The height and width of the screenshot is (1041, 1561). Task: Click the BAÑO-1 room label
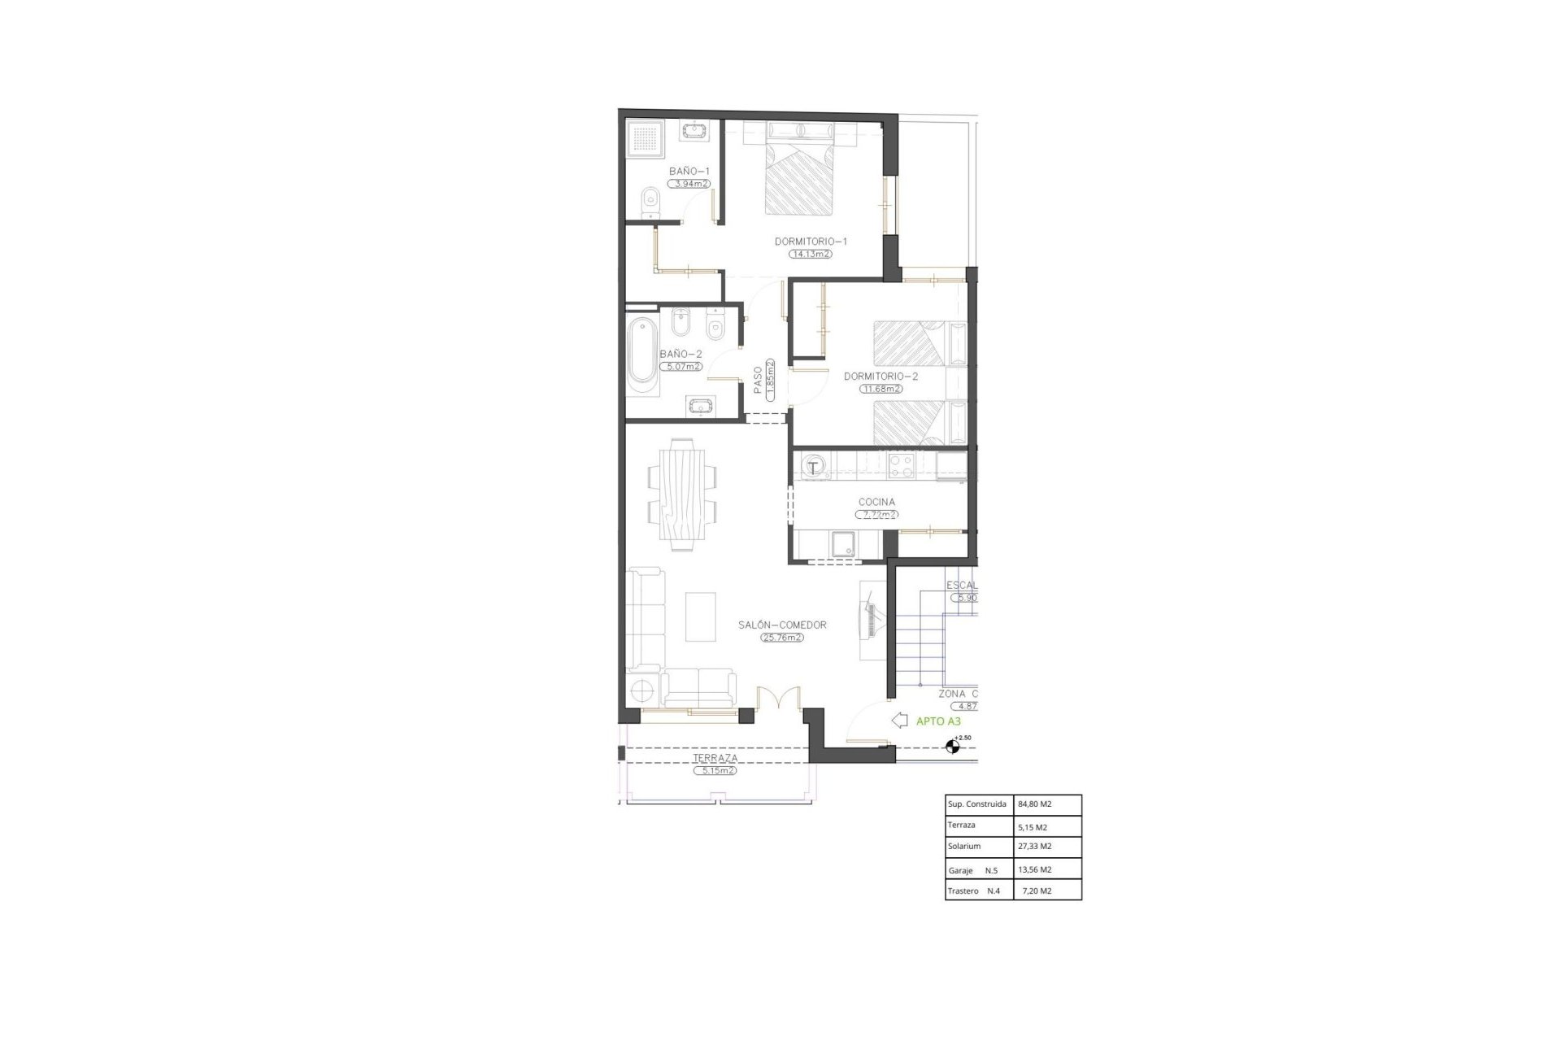pos(689,171)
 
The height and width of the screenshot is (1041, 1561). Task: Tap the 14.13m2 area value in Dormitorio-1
pos(811,254)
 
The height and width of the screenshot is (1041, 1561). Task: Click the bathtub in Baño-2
pos(642,362)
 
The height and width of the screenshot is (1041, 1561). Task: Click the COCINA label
pos(876,502)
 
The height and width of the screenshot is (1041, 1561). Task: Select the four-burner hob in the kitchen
pos(902,466)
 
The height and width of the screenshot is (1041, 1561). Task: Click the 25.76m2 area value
pos(782,638)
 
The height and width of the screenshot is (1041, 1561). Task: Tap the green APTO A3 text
pos(938,721)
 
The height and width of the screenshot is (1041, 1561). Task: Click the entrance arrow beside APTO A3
pos(899,720)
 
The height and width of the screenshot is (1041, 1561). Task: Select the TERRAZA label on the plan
pos(715,758)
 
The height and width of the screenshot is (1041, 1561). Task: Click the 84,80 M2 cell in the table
pos(1034,804)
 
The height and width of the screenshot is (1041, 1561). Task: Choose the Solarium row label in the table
pos(964,847)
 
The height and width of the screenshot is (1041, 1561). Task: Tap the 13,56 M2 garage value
pos(1034,869)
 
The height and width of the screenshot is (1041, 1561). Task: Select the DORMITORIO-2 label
pos(881,377)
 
